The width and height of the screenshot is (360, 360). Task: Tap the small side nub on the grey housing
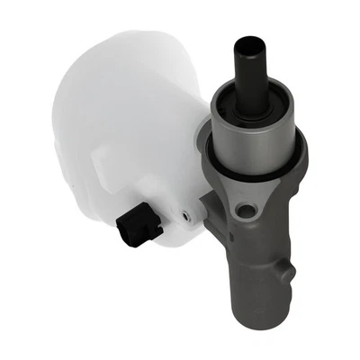click(287, 271)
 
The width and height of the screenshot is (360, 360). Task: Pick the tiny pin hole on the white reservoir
click(186, 215)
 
